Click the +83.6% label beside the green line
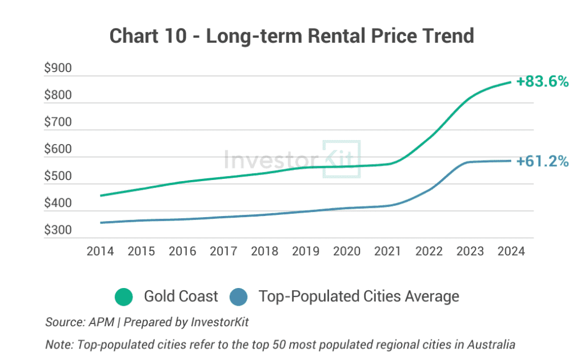(543, 81)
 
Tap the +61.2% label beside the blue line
(543, 161)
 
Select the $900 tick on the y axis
(58, 68)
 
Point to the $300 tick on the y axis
(58, 230)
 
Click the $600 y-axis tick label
(58, 149)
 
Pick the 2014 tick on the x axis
(100, 251)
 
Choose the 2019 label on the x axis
(306, 251)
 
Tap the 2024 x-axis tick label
(511, 251)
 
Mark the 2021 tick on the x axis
(388, 251)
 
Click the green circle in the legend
(124, 297)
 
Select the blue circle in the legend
(239, 297)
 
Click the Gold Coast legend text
(181, 297)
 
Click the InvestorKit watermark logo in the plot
(292, 159)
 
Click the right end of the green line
(511, 82)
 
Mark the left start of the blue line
(101, 223)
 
